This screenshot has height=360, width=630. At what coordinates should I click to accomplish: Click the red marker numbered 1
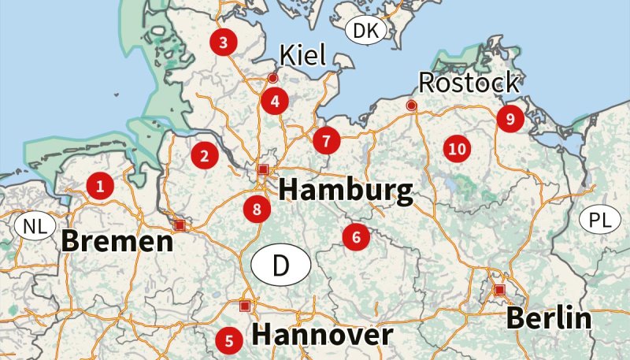coord(100,186)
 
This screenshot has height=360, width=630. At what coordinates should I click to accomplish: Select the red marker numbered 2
coord(204,155)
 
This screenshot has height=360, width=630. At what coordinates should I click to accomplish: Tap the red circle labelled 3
coord(224,43)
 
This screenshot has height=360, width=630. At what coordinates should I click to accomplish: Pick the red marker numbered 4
coord(274,100)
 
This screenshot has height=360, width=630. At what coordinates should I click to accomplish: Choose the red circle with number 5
coord(229,340)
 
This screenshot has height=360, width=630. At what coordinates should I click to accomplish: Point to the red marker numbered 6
coord(356,236)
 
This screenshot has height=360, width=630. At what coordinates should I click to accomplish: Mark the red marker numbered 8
coord(257,209)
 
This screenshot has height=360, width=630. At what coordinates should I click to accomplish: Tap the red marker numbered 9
coord(510,119)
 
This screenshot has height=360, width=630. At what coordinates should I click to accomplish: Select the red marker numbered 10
coord(456,147)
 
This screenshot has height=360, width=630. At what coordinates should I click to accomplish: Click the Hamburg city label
coord(346,191)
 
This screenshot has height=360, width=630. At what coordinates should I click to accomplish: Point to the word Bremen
coord(117,240)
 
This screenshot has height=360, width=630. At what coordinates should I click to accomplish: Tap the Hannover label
coord(321,335)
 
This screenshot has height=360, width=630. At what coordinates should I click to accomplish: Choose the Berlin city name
coord(548,318)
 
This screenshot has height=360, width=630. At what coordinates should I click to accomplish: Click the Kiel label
coord(303,55)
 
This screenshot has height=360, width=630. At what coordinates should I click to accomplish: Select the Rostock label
coord(468,82)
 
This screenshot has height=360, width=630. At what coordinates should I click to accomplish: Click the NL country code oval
coord(35,228)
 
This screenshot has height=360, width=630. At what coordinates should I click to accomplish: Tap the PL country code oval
coord(600,220)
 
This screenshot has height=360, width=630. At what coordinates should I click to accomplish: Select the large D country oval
coord(281,265)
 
